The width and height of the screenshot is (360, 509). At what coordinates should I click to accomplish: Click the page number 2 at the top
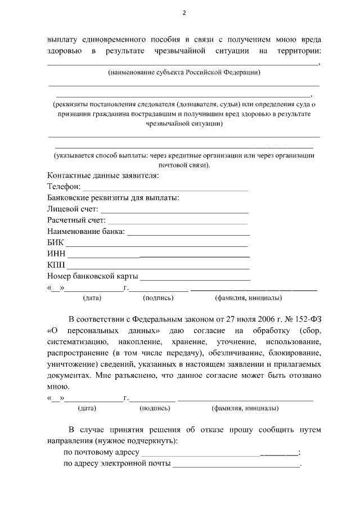tap(184, 13)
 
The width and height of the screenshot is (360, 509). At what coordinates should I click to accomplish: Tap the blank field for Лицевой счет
tap(174, 211)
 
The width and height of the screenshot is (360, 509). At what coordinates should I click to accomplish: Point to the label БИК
tap(56, 243)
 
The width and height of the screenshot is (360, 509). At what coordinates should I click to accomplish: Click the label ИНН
tap(57, 254)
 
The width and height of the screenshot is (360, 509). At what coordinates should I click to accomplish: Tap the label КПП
tap(57, 265)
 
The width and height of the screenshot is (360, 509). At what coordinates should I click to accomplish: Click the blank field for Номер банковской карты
tap(195, 278)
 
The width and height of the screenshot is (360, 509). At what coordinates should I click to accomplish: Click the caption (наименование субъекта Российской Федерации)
tap(184, 73)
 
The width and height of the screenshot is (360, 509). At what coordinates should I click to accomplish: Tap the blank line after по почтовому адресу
tap(219, 453)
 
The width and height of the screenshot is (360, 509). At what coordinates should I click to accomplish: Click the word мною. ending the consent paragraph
tap(58, 386)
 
